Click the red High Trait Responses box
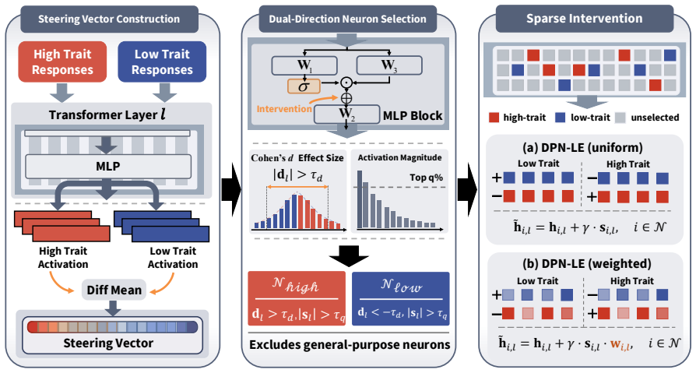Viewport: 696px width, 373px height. coord(62,62)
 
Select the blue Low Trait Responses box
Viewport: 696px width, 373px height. coord(162,62)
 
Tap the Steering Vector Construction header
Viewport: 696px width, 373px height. coord(109,19)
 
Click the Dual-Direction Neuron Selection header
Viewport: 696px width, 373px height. coord(347,19)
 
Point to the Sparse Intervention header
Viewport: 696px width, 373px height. coord(585,19)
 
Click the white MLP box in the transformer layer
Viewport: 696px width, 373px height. coord(108,167)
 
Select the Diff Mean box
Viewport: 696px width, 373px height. coord(114,290)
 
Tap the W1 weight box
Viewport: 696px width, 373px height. coord(304,65)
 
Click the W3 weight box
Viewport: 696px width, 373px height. coord(389,65)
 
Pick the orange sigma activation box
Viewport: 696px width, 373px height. coord(304,86)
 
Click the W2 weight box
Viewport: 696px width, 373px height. coord(346,114)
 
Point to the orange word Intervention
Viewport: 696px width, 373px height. coord(284,109)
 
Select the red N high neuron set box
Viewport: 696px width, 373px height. coord(297,298)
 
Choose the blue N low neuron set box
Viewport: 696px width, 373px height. coord(401,298)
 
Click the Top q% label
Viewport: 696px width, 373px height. coord(426,178)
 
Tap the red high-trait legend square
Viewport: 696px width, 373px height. coord(494,118)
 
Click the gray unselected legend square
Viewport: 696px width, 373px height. coord(620,118)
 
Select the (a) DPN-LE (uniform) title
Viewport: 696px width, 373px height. coord(583,147)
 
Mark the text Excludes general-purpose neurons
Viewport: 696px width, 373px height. coord(350,345)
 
